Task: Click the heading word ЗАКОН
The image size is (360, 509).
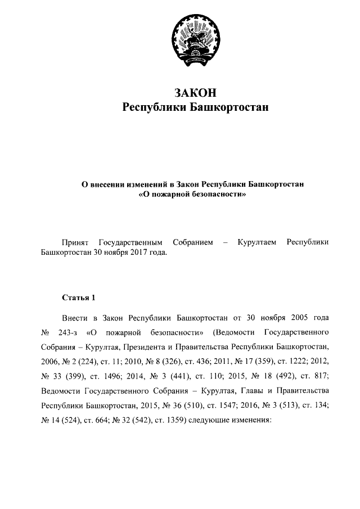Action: click(x=195, y=92)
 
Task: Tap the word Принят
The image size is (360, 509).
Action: click(x=75, y=242)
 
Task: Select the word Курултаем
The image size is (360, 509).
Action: click(x=257, y=242)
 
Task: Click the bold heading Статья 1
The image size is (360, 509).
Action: click(x=79, y=296)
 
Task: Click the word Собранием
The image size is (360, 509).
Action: click(x=193, y=242)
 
